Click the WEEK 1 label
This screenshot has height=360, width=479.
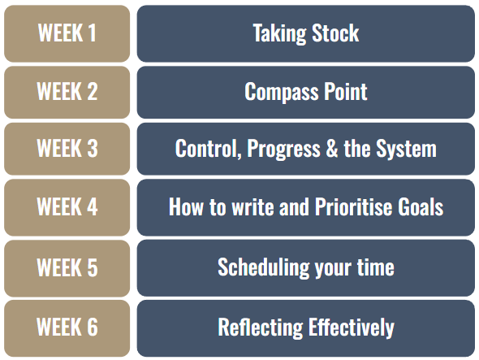coord(67,33)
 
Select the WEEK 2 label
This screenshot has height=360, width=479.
coord(67,91)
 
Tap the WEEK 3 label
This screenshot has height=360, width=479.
coord(67,149)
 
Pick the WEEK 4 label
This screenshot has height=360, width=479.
coord(67,206)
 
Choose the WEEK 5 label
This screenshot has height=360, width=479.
coord(67,267)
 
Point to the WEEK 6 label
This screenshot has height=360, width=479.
coord(67,327)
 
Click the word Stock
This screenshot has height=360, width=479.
coord(335,33)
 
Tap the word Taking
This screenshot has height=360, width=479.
coord(279,33)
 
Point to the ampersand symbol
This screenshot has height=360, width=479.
coord(332,149)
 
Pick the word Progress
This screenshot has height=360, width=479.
coord(283,150)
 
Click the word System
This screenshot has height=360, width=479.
coord(406,150)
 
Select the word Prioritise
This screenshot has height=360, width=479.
coord(353,206)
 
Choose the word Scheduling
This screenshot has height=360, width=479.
coord(264,268)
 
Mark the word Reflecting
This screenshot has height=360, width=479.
coord(261,328)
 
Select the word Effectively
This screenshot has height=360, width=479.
coord(352,328)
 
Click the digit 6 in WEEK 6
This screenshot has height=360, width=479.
coord(93,327)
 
